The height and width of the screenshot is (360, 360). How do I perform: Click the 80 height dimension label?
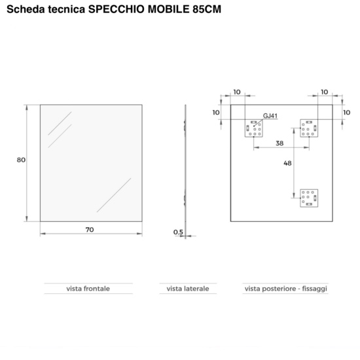point(21,160)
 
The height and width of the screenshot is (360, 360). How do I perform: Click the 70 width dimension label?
point(90,230)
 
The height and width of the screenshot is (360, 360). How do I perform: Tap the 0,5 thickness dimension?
point(179,232)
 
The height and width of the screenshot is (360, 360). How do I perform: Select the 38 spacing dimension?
point(279,143)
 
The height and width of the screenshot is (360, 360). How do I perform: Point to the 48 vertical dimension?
point(287,163)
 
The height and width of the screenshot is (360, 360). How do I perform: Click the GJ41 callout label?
point(270,116)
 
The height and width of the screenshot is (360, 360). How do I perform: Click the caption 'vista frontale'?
point(88,289)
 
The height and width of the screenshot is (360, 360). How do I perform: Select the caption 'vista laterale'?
point(188,289)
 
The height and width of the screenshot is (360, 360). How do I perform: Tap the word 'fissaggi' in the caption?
point(315,289)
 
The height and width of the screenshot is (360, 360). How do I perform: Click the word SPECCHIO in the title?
point(117,9)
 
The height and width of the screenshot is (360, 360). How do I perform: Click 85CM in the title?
point(207,9)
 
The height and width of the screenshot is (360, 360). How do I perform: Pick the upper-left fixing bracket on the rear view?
point(254,128)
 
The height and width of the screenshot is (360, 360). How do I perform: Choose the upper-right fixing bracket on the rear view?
point(309,128)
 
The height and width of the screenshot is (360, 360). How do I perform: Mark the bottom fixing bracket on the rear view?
point(309,198)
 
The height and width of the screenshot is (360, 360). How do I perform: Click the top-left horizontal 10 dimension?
point(237,92)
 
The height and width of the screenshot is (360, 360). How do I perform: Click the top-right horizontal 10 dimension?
point(325,92)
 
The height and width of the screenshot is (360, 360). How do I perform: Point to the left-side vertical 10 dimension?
point(216,113)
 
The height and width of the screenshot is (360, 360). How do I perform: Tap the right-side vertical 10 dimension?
point(347,113)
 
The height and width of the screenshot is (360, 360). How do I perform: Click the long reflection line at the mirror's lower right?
point(114,195)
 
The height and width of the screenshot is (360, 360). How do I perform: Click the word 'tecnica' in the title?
point(67,9)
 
